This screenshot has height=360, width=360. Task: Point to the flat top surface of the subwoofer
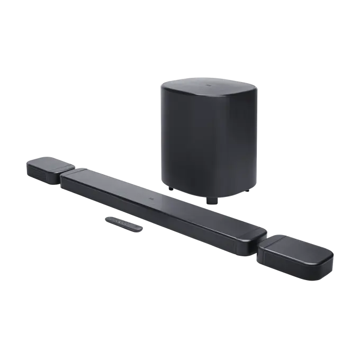click(x=212, y=87)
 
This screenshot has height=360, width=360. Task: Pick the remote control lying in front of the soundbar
click(x=123, y=222)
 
